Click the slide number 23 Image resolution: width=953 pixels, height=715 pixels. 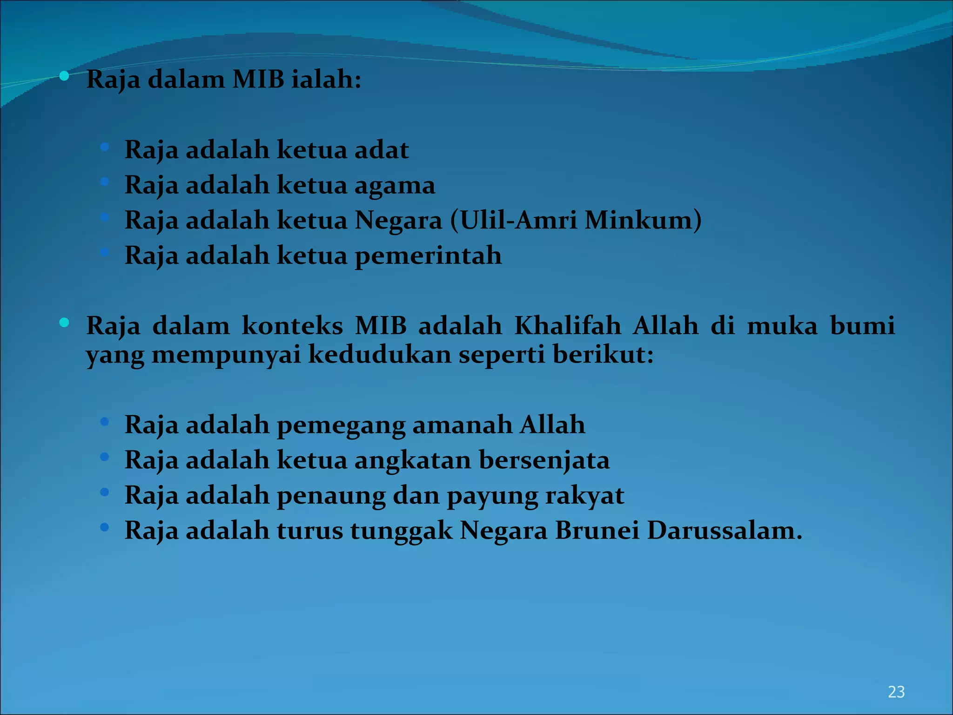point(896,692)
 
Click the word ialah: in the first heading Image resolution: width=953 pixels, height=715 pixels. point(326,80)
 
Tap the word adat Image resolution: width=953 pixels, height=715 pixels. point(382,150)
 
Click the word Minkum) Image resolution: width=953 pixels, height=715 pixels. point(643,220)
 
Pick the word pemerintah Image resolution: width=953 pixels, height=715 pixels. point(428,256)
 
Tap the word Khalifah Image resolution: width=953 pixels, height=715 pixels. point(568,325)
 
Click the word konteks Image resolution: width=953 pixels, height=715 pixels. point(292,325)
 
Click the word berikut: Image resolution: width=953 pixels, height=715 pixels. point(603,355)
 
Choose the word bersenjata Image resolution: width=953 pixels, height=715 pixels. point(544,461)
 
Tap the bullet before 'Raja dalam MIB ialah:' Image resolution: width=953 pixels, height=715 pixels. point(64,75)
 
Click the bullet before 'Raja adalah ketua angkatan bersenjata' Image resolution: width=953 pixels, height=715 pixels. point(105,457)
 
